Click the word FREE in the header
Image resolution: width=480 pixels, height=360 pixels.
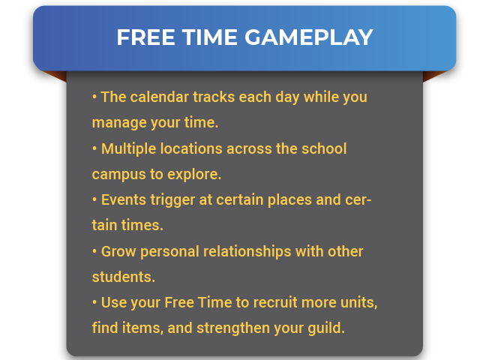[145, 37]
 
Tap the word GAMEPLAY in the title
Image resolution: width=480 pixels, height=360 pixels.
[309, 37]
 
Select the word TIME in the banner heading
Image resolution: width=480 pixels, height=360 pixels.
[210, 37]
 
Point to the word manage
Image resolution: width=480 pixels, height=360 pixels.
[119, 123]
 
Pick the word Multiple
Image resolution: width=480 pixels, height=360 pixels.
[129, 149]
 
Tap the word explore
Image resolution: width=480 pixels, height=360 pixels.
[194, 174]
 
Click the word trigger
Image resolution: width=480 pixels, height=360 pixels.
[172, 200]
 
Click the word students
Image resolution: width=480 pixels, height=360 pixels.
[124, 277]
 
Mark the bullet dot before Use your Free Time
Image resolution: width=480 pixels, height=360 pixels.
[94, 302]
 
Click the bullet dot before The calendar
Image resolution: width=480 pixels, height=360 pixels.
[94, 97]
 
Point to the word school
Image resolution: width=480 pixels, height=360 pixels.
[324, 148]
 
